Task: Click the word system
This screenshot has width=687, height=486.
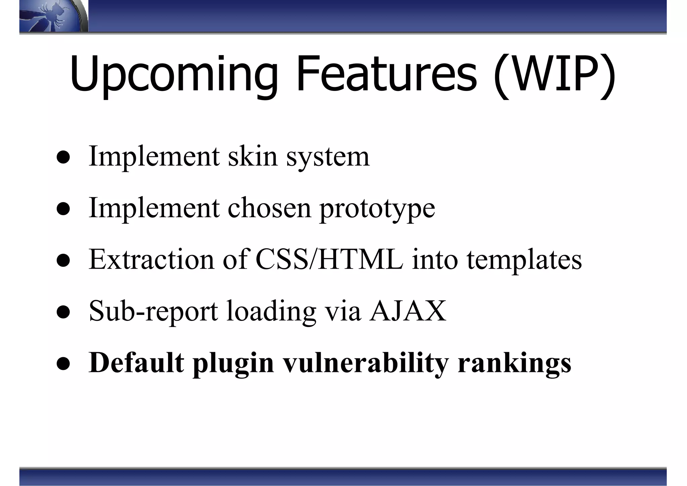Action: (328, 157)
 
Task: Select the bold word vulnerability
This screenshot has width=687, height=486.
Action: (366, 363)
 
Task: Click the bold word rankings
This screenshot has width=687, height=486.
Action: (514, 363)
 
